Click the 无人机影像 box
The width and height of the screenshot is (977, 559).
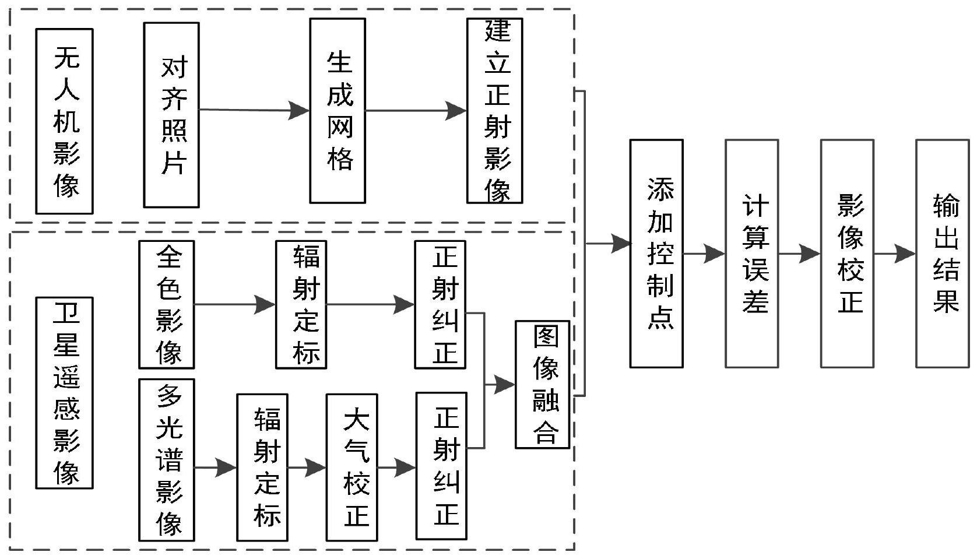point(64,121)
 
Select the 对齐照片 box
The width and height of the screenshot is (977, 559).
point(171,115)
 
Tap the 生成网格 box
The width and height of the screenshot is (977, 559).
point(338,111)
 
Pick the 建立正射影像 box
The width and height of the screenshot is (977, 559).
point(494,111)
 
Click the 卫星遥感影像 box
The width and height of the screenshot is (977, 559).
point(64,392)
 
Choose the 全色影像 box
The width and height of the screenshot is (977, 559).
point(166,304)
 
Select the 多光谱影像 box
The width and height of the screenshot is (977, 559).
point(166,460)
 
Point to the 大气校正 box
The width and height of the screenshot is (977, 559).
point(352,467)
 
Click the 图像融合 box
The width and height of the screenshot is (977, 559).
point(542,384)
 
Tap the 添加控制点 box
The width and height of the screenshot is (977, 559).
point(656,254)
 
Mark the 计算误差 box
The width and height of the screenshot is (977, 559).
point(751,254)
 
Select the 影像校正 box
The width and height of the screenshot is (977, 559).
point(847,254)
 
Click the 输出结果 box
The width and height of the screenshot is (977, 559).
point(942,254)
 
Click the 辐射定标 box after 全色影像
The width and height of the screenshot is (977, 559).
point(301,304)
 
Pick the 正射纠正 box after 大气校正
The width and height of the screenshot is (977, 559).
point(441,467)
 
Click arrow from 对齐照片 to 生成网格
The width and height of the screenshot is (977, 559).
point(254,110)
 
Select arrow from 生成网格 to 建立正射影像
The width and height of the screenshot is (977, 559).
point(416,110)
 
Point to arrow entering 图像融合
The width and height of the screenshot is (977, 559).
point(500,384)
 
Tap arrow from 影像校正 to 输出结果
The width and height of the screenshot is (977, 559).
point(895,254)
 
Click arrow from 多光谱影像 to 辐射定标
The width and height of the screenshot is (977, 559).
point(216,467)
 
